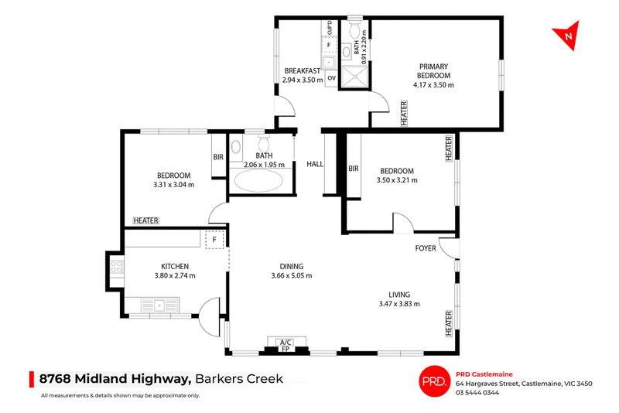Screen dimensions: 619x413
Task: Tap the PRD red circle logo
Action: click(x=434, y=381)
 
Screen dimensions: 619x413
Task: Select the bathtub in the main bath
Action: click(x=258, y=181)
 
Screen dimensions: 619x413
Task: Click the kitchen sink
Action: click(x=159, y=305)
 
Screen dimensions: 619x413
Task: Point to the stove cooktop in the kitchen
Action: click(x=117, y=267)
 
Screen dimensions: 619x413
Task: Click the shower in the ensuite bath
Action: click(x=354, y=76)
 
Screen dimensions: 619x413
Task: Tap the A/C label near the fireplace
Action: click(x=286, y=342)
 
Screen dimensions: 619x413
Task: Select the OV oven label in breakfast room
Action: click(x=332, y=78)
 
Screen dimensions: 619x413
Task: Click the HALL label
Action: click(x=315, y=164)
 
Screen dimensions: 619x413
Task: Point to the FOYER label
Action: click(x=426, y=248)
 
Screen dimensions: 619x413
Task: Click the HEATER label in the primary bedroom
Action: click(x=404, y=113)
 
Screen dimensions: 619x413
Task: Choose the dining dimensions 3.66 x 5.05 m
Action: click(x=292, y=276)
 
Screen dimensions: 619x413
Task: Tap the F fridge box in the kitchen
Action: click(x=214, y=240)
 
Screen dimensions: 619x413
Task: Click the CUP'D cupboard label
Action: click(x=330, y=28)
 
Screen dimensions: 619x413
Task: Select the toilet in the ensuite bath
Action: click(x=354, y=28)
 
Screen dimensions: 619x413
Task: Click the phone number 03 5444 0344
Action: click(x=477, y=392)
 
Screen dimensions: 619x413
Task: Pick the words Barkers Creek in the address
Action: click(x=239, y=379)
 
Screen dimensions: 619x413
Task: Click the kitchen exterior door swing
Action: click(x=209, y=316)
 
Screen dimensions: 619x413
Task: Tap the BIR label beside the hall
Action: click(x=354, y=169)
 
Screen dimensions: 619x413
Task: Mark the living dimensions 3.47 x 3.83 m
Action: click(x=399, y=304)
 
